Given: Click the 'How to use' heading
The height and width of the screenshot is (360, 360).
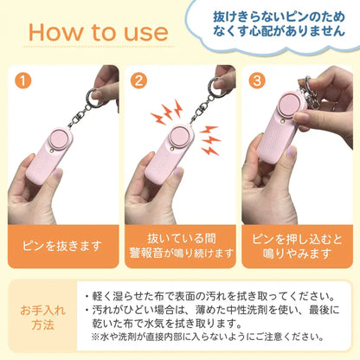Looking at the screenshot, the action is [x=99, y=32].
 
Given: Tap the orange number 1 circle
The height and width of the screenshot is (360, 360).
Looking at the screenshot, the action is [x=23, y=80].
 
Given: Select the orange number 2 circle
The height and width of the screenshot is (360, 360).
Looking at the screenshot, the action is [x=138, y=80].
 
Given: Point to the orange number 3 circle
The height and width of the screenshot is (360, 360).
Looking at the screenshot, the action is [x=257, y=80].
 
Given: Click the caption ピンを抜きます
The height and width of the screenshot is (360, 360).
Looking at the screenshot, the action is [x=62, y=246].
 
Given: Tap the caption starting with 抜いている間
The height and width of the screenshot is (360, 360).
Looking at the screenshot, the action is [x=181, y=246].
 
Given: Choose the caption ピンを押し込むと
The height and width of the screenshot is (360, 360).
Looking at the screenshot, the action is [x=297, y=240].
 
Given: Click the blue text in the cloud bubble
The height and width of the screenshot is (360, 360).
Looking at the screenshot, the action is [x=279, y=23].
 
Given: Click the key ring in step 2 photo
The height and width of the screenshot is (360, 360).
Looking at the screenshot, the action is [x=214, y=87].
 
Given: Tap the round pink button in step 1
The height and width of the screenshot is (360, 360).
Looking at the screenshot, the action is [x=60, y=138].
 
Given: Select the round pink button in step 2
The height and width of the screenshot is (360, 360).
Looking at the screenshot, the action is [x=179, y=135].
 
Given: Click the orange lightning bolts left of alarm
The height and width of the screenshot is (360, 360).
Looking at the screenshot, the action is [x=167, y=112].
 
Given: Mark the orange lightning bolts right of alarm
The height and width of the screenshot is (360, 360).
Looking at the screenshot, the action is [x=209, y=140].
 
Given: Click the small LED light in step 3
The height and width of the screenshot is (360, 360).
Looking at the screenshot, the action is [x=281, y=123].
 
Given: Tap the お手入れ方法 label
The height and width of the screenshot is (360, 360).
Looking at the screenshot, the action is [x=43, y=318].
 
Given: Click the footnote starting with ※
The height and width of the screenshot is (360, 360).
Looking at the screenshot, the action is [x=207, y=337].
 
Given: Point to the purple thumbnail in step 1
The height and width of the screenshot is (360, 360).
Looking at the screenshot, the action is [x=58, y=174].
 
